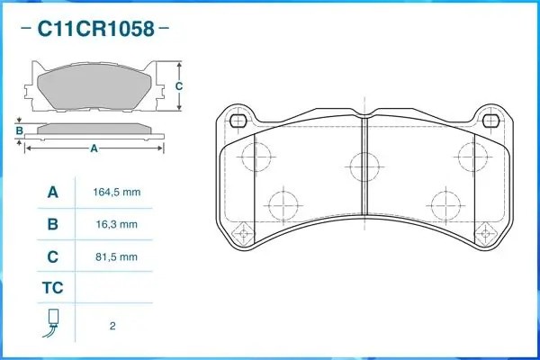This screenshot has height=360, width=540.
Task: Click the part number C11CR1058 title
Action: pyautogui.click(x=95, y=29)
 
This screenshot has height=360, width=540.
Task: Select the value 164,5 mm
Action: pyautogui.click(x=117, y=193)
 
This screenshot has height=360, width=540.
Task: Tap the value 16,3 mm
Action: pyautogui.click(x=117, y=225)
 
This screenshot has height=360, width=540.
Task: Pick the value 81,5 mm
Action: pyautogui.click(x=116, y=257)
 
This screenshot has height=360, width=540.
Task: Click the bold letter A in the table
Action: pyautogui.click(x=53, y=193)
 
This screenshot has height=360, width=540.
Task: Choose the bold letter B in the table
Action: pyautogui.click(x=53, y=224)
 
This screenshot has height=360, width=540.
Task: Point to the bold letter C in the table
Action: pyautogui.click(x=53, y=256)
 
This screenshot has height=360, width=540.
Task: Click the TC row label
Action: pyautogui.click(x=53, y=288)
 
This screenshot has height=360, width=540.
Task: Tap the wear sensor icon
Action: pyautogui.click(x=51, y=323)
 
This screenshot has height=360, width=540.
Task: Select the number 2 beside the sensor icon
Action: pyautogui.click(x=112, y=326)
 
